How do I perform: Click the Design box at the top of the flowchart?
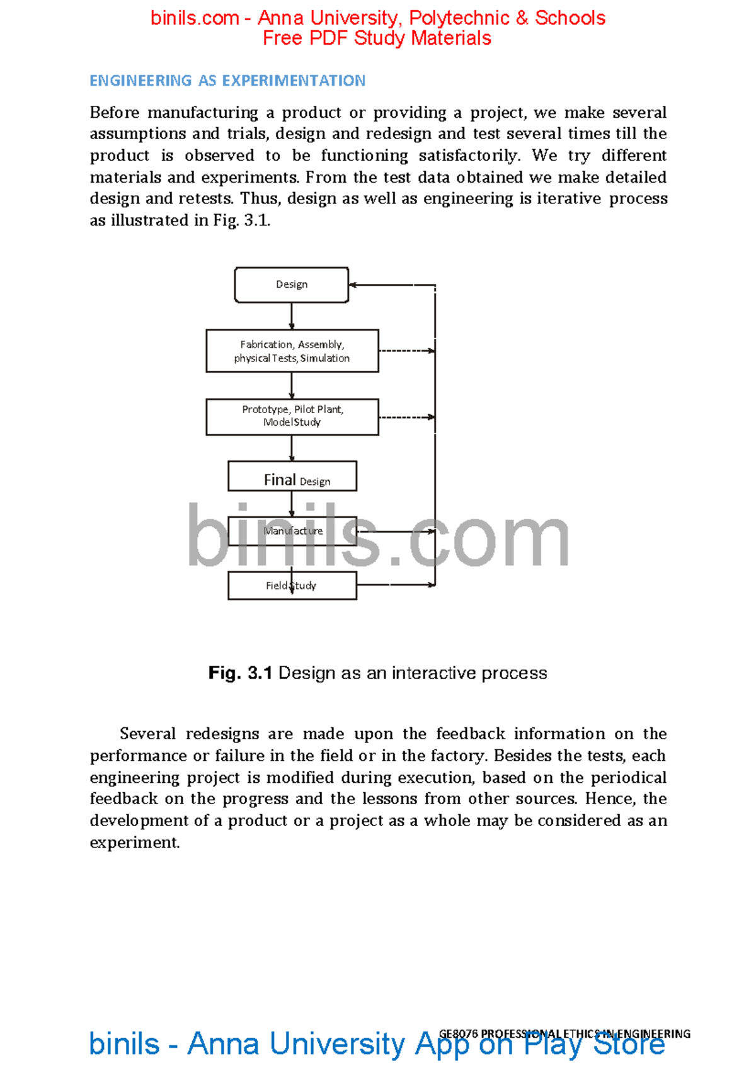pos(291,285)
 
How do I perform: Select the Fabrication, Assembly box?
pos(292,351)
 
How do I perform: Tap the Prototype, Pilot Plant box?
pos(292,416)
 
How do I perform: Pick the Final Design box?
pos(292,476)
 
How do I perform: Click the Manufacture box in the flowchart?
pos(292,531)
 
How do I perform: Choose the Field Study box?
pos(292,586)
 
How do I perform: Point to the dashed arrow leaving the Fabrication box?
pos(406,351)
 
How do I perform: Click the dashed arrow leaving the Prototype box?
pos(406,417)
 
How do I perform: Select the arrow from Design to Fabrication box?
pos(292,316)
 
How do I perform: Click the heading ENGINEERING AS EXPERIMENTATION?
pos(227,81)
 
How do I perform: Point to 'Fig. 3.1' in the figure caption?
pos(240,673)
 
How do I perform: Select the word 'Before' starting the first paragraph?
pos(114,113)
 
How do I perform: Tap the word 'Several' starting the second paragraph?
pos(147,734)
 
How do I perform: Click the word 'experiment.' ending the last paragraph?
pos(135,843)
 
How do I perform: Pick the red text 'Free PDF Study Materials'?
pos(377,38)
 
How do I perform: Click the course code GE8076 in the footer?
pos(458,1033)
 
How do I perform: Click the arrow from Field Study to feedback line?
pos(396,585)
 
